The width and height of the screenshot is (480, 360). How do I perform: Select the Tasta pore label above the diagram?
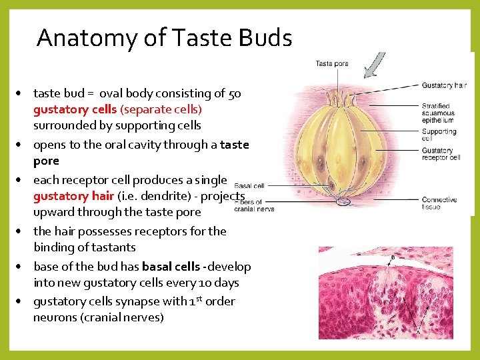pos(332,63)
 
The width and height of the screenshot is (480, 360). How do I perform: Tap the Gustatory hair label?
pos(444,85)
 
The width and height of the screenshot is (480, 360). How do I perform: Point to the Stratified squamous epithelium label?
pos(438,113)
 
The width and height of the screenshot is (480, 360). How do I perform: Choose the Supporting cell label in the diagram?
pos(439,135)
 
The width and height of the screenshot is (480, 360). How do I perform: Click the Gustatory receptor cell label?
pos(441,154)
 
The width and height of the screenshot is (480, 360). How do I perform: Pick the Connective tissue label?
pos(439,203)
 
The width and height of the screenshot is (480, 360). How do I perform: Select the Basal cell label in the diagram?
pos(249,186)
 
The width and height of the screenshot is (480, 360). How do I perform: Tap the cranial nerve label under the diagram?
pos(254,209)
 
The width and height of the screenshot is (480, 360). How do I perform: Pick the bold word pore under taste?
pos(46,161)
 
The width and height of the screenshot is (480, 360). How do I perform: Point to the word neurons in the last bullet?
pos(55,317)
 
